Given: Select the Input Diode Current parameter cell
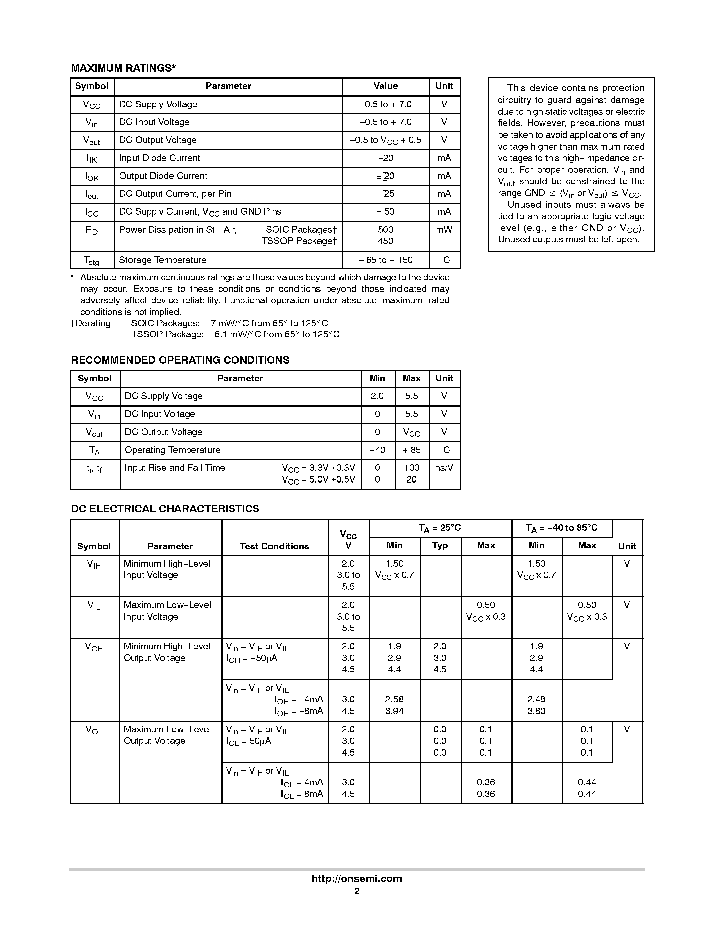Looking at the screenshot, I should tap(159, 158).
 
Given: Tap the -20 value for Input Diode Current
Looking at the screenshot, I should tap(385, 158).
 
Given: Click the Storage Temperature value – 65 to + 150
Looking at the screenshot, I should tap(385, 260).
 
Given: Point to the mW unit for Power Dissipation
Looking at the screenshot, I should tap(444, 230).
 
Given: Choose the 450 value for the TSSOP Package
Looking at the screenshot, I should tap(385, 241).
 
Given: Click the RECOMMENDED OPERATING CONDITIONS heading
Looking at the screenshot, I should tap(180, 360).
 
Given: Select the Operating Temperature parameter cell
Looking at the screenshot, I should tap(173, 450).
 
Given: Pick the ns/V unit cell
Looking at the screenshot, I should tap(444, 468).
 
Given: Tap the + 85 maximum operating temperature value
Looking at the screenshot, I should tap(412, 450).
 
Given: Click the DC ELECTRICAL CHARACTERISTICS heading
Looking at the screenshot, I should tap(165, 509).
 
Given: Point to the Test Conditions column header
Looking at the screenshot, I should tap(274, 546).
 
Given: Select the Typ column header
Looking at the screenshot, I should tap(440, 545).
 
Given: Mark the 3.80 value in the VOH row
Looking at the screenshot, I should tap(536, 711).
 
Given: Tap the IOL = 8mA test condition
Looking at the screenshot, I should tap(302, 794).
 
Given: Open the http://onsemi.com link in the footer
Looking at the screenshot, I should tap(356, 878).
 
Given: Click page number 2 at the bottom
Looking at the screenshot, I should tap(356, 891).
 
